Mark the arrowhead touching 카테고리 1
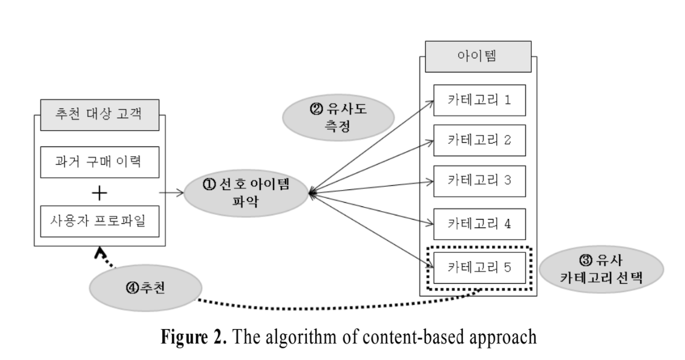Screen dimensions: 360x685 point(428,102)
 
